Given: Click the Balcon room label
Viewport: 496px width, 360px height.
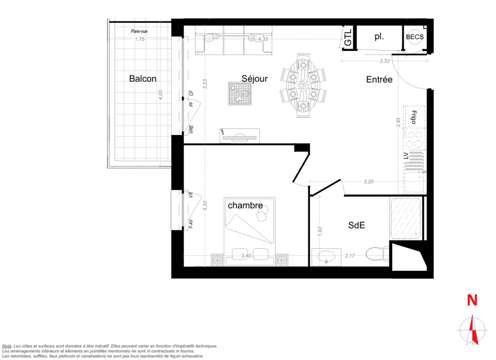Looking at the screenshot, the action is [143, 78].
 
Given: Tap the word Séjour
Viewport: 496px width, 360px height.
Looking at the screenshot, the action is [255, 78].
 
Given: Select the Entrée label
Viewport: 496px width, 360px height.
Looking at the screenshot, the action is [379, 79].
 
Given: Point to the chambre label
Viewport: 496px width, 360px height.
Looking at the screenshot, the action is [245, 205].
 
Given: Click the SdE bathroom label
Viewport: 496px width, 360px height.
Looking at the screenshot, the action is [356, 225].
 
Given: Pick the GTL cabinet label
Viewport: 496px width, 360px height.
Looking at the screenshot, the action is [347, 38].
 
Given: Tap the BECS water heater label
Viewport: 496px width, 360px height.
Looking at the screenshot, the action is [415, 37].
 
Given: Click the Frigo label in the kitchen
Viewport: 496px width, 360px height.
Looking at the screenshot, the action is [414, 117].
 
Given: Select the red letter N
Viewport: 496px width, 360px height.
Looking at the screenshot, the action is [472, 300].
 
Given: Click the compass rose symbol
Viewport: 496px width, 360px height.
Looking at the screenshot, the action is [472, 330].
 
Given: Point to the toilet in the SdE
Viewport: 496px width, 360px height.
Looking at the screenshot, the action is [377, 254].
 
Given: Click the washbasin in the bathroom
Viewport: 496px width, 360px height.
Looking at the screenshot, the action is [326, 257].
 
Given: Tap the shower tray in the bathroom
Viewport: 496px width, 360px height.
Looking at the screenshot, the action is [406, 218].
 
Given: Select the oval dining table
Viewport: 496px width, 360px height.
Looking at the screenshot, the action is [303, 85].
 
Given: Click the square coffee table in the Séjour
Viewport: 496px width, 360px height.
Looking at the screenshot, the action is [240, 94].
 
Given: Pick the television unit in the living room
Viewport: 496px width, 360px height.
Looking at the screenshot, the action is [240, 136].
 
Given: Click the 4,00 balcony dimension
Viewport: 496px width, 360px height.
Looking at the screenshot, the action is [160, 95].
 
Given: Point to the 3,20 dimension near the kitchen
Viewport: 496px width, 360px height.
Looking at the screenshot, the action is [369, 182].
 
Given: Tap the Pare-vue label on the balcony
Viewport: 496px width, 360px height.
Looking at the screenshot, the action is [139, 31].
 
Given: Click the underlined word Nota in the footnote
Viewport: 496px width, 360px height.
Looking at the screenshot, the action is [7, 346].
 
